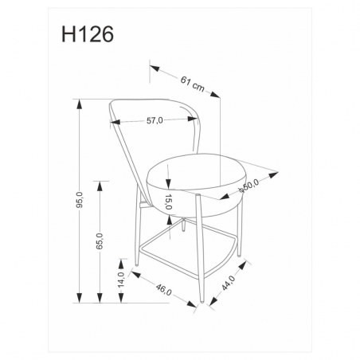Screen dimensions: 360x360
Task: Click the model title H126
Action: pos(88,34)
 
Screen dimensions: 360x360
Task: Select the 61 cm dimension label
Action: pos(193,84)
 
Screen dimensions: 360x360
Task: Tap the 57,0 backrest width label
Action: pos(155,121)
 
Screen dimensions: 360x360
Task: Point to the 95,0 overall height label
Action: pos(80,200)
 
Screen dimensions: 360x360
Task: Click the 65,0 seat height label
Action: pos(100,241)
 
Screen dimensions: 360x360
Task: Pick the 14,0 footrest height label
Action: pos(121,280)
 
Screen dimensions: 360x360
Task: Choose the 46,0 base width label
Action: pos(163,289)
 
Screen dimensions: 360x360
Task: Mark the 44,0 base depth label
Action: pos(228,283)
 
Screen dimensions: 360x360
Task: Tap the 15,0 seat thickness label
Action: pos(169,202)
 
